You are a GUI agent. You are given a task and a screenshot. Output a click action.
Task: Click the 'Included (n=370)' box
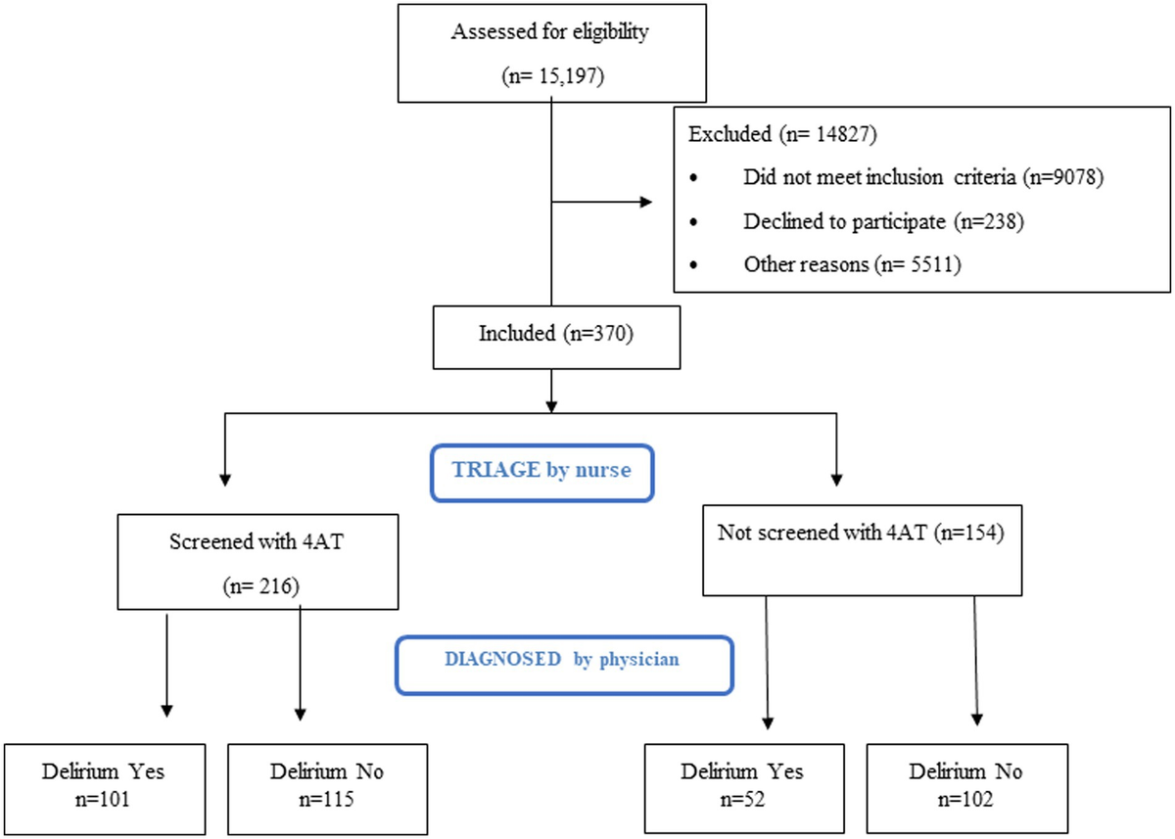click(x=555, y=333)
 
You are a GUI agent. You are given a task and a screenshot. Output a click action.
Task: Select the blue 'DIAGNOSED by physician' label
click(x=563, y=659)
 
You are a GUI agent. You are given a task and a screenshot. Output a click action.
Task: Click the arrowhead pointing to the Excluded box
click(x=646, y=203)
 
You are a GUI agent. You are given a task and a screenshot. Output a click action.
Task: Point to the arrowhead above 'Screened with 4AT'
click(x=226, y=480)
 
